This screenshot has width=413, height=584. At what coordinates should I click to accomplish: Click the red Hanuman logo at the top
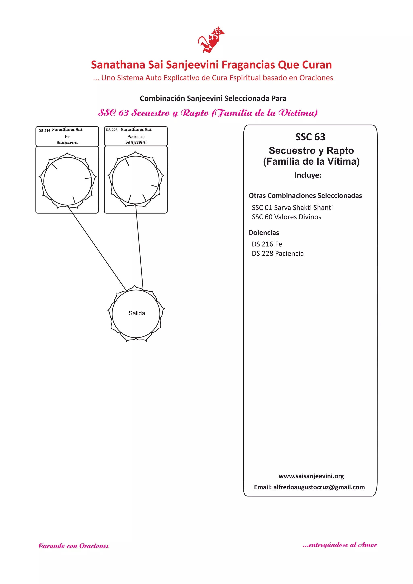point(211,40)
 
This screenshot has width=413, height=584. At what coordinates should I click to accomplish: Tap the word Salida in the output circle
point(137,313)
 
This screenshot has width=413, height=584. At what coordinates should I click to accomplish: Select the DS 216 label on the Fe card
point(44,131)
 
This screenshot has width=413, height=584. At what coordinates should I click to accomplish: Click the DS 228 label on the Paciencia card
point(112,130)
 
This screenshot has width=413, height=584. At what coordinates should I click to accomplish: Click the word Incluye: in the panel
point(308,175)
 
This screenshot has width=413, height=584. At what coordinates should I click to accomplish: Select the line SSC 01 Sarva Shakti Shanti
point(292,208)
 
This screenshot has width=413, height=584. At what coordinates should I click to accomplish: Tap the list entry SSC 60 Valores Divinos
point(286,217)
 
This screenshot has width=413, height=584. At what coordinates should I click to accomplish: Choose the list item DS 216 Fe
point(267,244)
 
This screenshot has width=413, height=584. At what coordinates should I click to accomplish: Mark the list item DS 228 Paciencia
point(277,254)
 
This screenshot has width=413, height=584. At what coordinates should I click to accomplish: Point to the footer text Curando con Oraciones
point(73,546)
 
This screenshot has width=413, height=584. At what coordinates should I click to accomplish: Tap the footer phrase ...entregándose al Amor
point(340,545)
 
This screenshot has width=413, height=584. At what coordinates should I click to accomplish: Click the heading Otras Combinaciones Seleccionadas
point(305,196)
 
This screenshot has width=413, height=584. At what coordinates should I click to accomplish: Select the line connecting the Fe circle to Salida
point(97,248)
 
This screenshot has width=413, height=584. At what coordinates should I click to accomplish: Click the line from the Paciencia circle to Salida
point(139,248)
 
